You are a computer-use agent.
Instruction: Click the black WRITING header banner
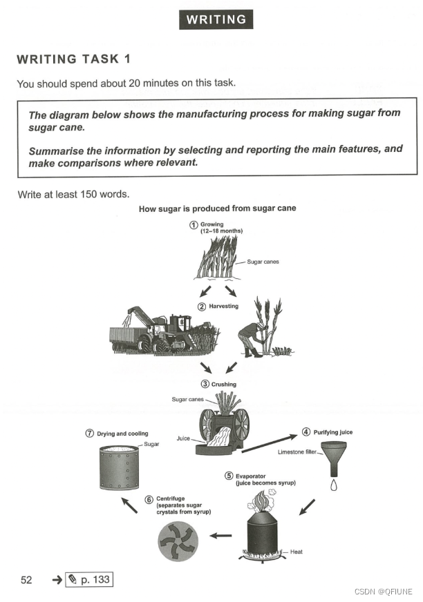(216, 19)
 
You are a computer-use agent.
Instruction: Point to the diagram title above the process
(218, 208)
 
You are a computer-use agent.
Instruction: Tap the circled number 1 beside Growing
(194, 225)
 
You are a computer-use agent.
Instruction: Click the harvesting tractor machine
(163, 331)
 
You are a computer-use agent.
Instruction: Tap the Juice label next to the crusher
(183, 438)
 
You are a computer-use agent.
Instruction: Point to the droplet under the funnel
(333, 485)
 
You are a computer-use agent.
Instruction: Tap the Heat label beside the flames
(296, 552)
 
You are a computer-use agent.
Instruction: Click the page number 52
(26, 580)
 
